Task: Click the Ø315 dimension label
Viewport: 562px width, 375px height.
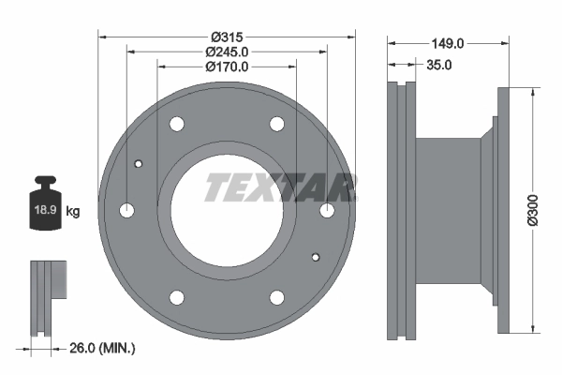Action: (x=227, y=37)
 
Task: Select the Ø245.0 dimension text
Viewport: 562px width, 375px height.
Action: (x=227, y=52)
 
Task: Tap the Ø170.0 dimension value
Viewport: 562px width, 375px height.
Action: (x=227, y=67)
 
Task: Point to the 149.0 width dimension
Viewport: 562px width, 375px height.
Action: (x=448, y=43)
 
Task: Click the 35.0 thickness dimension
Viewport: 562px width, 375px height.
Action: (x=438, y=65)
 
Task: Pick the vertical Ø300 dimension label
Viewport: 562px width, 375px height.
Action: (x=533, y=210)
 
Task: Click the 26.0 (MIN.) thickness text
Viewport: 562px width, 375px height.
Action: (x=102, y=348)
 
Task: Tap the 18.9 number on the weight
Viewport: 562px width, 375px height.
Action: (x=45, y=210)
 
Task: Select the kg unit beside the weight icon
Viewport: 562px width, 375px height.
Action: (x=73, y=211)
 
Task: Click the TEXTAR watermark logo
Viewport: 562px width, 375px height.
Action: (x=281, y=187)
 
